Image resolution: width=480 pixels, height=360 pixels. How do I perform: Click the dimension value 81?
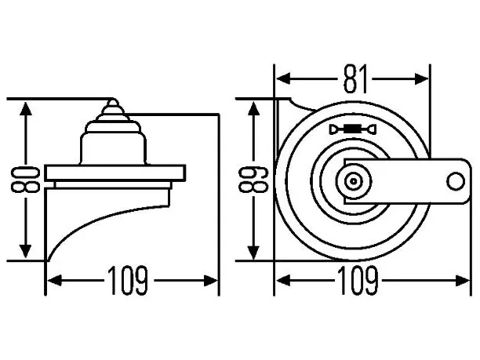355,79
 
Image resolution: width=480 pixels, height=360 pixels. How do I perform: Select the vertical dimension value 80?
25,180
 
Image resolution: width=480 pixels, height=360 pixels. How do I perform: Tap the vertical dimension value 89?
253,180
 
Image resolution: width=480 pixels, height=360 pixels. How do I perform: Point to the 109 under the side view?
129,280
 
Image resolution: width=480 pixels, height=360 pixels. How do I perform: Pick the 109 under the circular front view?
358,280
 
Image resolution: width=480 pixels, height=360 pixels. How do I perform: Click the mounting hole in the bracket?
456,181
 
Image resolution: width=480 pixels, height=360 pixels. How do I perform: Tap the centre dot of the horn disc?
354,181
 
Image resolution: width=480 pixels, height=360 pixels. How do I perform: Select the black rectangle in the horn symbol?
353,129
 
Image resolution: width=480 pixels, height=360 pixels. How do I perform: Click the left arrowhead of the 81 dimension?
283,78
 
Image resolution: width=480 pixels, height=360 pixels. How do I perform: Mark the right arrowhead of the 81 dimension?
421,78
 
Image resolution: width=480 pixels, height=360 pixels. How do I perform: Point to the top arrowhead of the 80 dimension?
25,109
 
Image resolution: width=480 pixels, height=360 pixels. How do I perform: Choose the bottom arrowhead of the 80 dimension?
25,251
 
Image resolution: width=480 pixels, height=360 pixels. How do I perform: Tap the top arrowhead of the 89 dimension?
253,109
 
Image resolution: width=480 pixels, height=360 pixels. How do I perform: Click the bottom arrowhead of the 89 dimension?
253,251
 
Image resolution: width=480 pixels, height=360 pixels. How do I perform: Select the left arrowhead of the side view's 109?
55,281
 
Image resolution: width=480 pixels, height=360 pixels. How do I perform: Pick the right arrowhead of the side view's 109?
211,281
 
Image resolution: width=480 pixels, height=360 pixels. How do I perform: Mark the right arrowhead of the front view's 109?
463,281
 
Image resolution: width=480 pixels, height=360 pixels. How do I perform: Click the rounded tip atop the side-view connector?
113,103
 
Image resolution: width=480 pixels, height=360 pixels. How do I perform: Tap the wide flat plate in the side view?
115,173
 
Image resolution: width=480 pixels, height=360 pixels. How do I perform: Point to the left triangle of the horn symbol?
333,129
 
